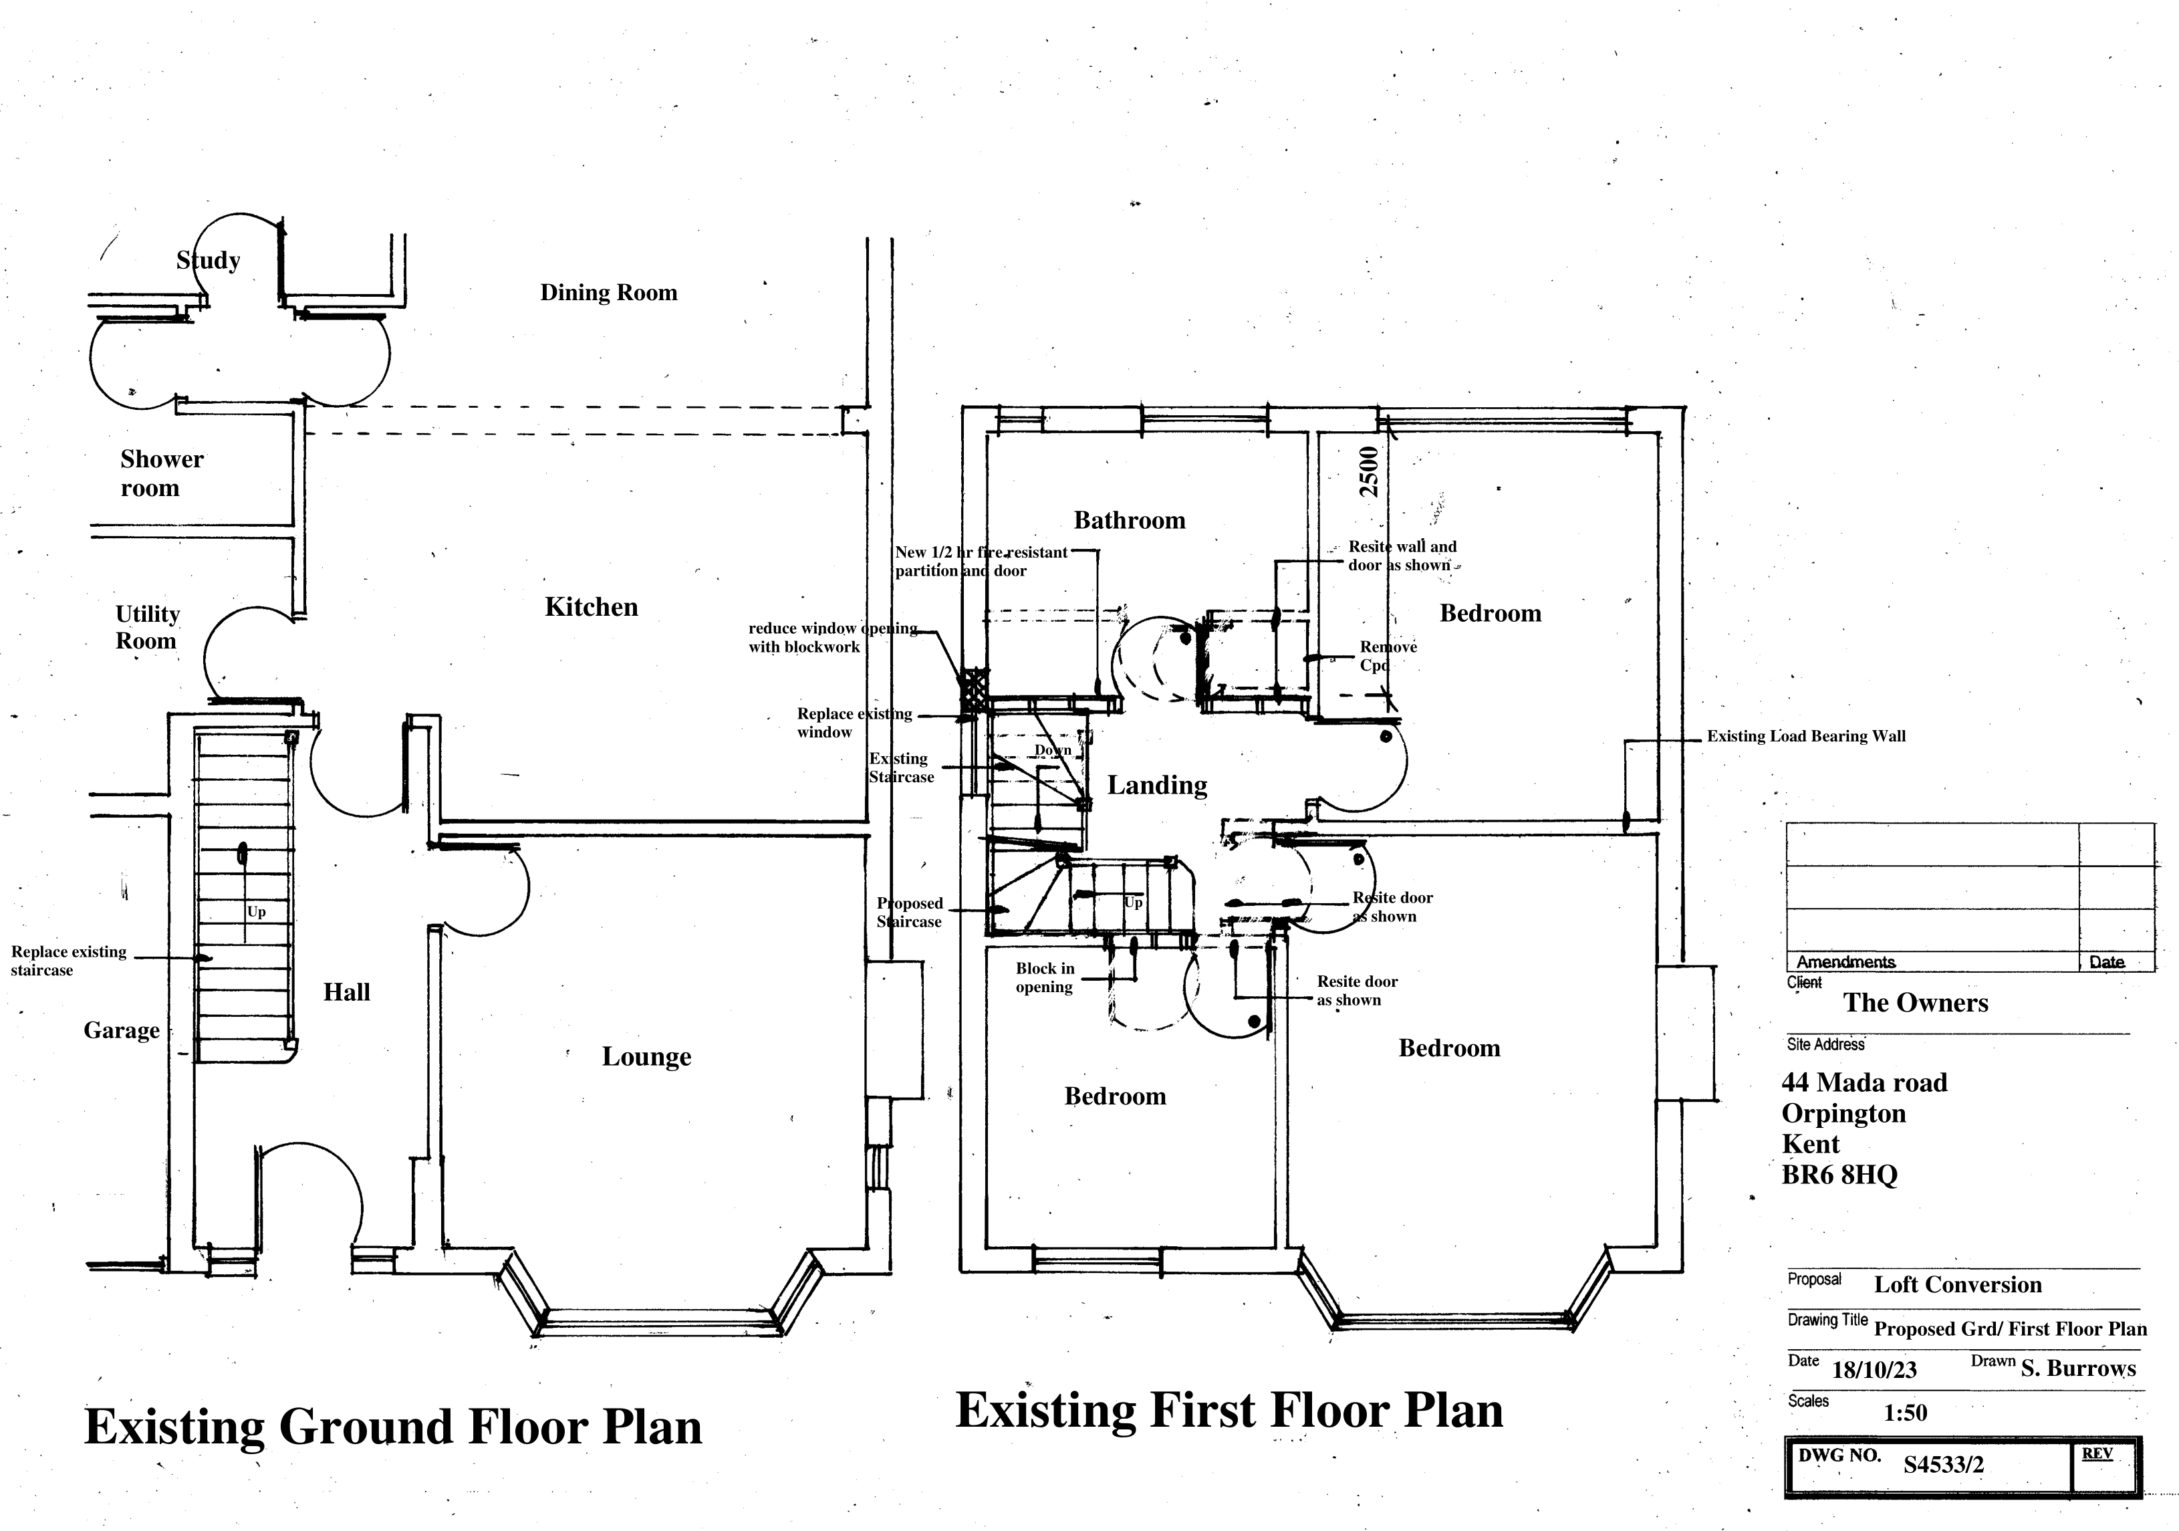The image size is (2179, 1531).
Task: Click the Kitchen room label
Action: (x=592, y=608)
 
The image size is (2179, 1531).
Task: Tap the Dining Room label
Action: (x=608, y=292)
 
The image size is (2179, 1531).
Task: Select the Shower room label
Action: (x=160, y=473)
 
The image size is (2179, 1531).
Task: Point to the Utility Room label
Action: (x=147, y=627)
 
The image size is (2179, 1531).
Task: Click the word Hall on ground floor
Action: (x=346, y=993)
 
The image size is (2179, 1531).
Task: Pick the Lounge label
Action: (x=646, y=1056)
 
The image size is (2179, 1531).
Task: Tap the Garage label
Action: (x=122, y=1031)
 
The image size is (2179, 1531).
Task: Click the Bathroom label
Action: (x=1130, y=520)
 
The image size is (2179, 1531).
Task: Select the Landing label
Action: (x=1157, y=785)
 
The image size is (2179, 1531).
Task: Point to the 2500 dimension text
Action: (x=1368, y=472)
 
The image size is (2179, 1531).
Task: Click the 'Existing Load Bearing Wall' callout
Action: (x=1805, y=737)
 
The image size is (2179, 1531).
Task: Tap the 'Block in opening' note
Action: (x=1045, y=977)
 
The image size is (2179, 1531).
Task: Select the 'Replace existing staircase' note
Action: (x=68, y=961)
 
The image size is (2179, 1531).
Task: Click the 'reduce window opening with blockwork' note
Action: (x=831, y=638)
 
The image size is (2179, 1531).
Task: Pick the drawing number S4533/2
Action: (x=1942, y=1465)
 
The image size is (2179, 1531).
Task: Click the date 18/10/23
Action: (x=1874, y=1371)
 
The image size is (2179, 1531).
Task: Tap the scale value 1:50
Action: (x=1905, y=1413)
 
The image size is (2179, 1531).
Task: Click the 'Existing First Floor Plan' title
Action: (x=1229, y=1411)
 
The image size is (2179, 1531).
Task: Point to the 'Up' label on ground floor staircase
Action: (x=256, y=912)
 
